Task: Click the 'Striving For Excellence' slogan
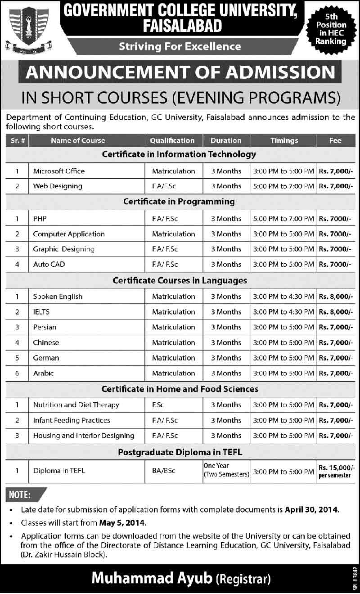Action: [x=180, y=46]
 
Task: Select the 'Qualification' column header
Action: [x=172, y=140]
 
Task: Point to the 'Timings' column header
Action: [x=284, y=140]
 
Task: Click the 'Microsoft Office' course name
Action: [x=59, y=171]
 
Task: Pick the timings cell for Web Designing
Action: [x=283, y=186]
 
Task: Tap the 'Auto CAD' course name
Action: [x=49, y=264]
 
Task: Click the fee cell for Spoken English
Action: [x=335, y=297]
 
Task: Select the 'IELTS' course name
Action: [x=41, y=312]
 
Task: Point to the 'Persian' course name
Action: [x=45, y=327]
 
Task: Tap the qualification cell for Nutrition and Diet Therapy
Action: [x=158, y=405]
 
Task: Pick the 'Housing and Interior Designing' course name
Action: [x=84, y=436]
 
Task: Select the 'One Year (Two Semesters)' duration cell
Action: [x=226, y=470]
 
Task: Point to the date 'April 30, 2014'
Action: [x=311, y=510]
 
